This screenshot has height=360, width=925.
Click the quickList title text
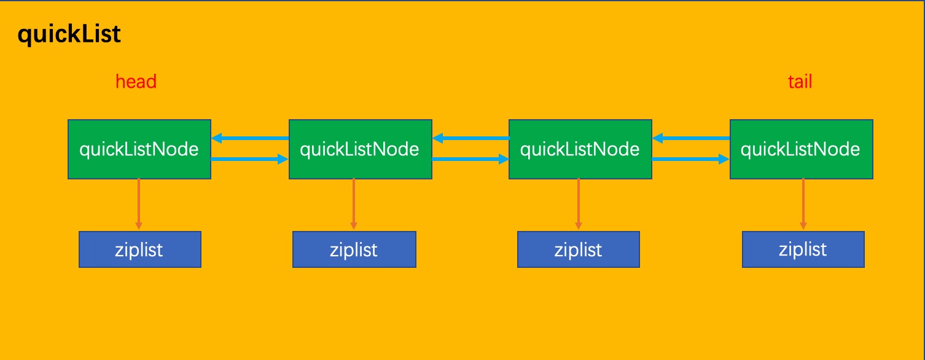coord(69,35)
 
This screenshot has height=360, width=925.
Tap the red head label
coord(136,81)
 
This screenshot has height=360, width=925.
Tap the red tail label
coord(800,81)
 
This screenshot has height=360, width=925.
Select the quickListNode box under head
coord(139,149)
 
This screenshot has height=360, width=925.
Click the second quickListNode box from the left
coord(360,149)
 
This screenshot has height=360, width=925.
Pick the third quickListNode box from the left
coord(580,149)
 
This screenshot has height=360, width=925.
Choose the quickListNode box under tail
coord(801,149)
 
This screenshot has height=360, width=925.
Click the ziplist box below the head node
coord(139,249)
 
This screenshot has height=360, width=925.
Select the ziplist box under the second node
coord(354,249)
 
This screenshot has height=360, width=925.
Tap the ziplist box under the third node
coord(578,249)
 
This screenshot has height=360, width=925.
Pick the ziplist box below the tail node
coord(803,249)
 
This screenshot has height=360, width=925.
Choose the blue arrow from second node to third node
coord(470,160)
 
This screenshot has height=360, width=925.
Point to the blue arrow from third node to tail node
coord(690,160)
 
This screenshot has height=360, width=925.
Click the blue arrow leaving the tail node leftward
coord(690,138)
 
